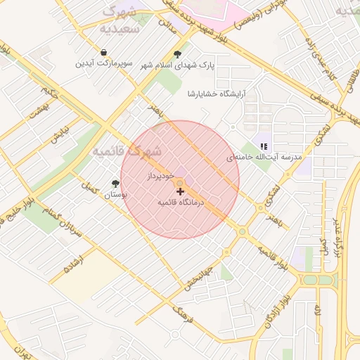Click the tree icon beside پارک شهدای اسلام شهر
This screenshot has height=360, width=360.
click(x=177, y=54)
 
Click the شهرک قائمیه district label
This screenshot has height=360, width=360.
click(x=127, y=151)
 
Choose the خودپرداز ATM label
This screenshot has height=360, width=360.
click(x=160, y=174)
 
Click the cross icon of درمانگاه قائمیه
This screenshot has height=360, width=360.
click(x=180, y=191)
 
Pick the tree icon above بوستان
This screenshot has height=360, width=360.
click(x=115, y=184)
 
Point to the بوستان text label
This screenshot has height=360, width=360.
click(x=115, y=195)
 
